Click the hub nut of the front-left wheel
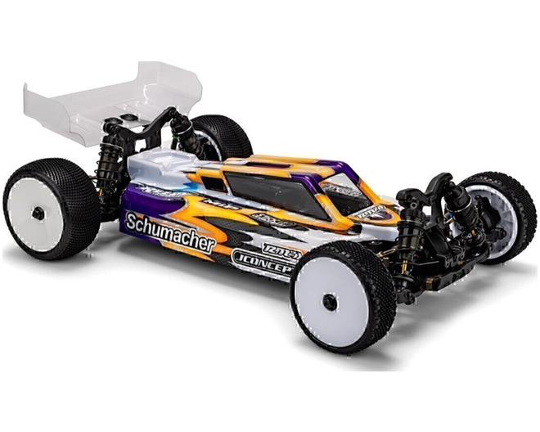tap(330, 301)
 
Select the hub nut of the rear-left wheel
tap(38, 212)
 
